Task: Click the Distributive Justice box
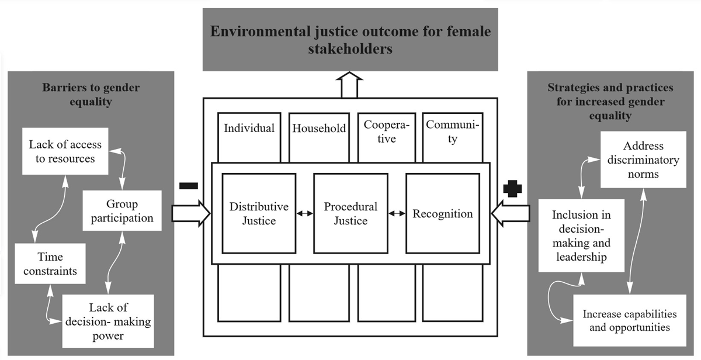259,213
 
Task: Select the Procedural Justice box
350,213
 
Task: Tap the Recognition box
443,213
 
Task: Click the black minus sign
189,186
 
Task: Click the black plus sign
512,189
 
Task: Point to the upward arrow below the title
350,85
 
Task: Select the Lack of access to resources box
65,151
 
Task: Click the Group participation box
122,211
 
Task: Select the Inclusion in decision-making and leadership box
581,236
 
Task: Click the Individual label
249,128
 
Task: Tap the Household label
319,129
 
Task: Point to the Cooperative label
386,131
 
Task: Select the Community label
452,131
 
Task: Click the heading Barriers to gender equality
91,94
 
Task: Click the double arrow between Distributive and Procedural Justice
304,214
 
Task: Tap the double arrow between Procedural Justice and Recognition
397,214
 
